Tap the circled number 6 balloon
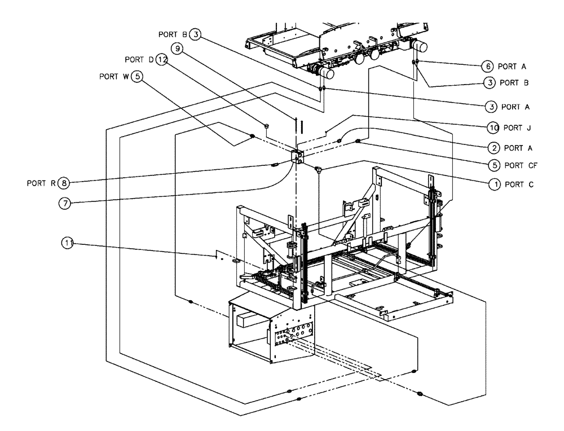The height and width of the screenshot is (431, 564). click(x=488, y=66)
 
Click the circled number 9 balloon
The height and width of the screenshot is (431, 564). click(x=178, y=50)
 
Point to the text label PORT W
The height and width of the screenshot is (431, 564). click(x=113, y=76)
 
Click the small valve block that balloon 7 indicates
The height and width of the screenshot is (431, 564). click(x=297, y=157)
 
